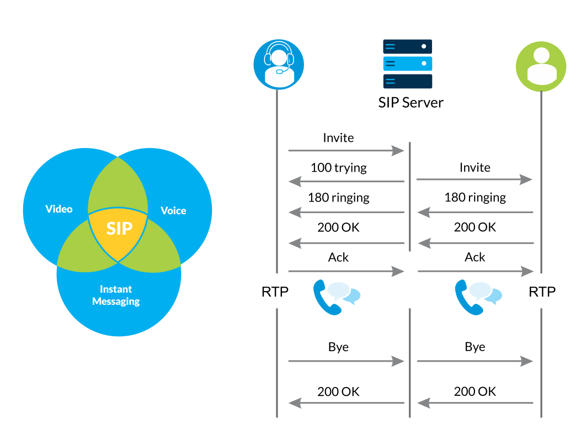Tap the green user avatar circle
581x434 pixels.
[x=541, y=66]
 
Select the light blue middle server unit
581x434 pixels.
[x=408, y=63]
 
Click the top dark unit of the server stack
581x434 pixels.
[x=408, y=46]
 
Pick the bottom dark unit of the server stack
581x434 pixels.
[x=408, y=81]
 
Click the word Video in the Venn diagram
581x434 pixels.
[x=59, y=209]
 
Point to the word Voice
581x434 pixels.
[x=173, y=210]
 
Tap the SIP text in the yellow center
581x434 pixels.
[x=119, y=228]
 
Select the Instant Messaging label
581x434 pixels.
[x=116, y=295]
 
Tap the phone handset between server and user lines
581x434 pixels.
[x=468, y=297]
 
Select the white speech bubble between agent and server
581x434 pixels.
[x=338, y=290]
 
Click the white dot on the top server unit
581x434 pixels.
[x=424, y=46]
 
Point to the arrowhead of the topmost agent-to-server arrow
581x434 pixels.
[x=399, y=150]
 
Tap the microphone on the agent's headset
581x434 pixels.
[x=280, y=71]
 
